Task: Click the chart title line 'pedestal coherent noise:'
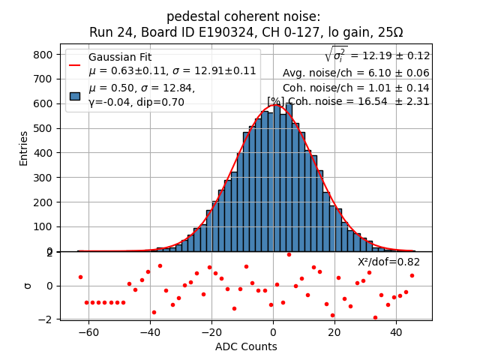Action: tap(243, 16)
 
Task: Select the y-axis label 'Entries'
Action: tap(23, 148)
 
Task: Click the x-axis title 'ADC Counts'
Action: tap(245, 346)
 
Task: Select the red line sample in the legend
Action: tap(75, 64)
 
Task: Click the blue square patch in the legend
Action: tap(75, 95)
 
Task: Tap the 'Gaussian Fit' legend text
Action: tap(120, 57)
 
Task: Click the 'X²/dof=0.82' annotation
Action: tap(388, 262)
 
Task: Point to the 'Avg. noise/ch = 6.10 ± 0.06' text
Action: tap(355, 73)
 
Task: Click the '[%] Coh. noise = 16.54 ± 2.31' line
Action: tap(348, 101)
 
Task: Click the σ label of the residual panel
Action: tap(28, 285)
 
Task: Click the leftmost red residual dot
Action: tap(80, 277)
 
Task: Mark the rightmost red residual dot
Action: tap(412, 275)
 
